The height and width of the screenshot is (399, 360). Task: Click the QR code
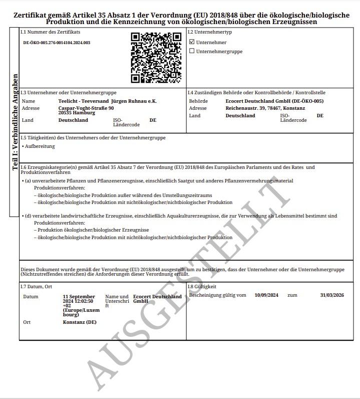coord(156,58)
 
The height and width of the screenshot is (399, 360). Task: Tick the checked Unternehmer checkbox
coord(192,42)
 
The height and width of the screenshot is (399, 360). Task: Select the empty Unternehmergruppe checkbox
coord(192,51)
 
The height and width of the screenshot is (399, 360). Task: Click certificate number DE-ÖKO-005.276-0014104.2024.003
coord(57,43)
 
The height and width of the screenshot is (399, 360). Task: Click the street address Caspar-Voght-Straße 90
coord(86,108)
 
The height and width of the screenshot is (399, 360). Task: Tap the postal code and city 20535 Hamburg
coord(77,113)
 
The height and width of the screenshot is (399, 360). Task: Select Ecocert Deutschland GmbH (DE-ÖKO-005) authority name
coord(274,101)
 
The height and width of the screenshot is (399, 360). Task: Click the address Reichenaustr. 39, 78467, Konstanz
coord(265,108)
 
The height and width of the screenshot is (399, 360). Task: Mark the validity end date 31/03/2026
coord(332,295)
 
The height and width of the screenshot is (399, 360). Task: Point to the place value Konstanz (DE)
coord(80,322)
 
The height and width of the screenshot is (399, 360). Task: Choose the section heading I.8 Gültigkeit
coord(202,287)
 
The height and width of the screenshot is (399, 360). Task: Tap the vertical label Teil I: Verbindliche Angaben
coord(15,123)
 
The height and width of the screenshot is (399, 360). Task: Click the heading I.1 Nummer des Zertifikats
coord(50,32)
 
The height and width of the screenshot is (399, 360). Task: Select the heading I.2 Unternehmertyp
coord(210,32)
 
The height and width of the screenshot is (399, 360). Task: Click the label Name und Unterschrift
coord(117,301)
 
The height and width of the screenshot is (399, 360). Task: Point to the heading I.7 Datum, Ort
coord(36,287)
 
